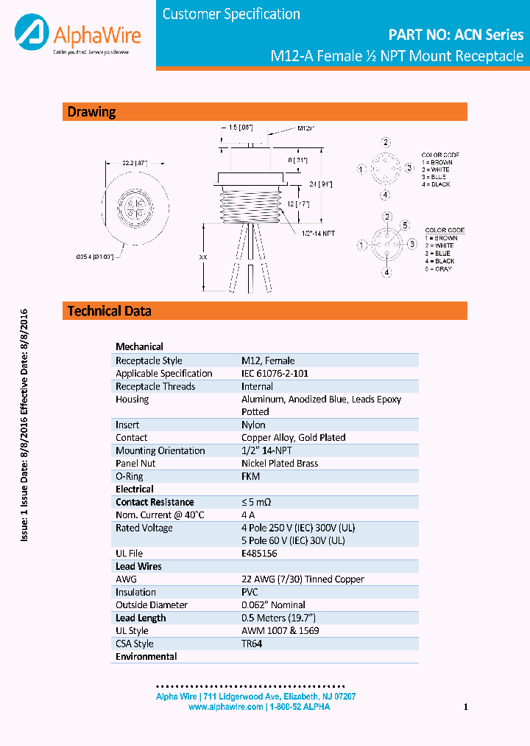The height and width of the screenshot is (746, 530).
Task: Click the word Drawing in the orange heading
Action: point(92,112)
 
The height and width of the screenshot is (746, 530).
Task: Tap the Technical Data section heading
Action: point(110,311)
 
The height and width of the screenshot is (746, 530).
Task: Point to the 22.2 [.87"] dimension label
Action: point(135,163)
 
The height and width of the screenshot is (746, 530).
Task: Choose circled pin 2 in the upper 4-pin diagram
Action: point(386,142)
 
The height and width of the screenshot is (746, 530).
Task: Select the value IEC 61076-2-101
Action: point(275,374)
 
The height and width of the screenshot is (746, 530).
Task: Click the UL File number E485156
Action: point(259,554)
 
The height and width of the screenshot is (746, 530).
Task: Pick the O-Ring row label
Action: point(130,476)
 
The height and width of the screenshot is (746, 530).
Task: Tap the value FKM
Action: point(250,476)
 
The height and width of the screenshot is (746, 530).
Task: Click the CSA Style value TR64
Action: point(252,644)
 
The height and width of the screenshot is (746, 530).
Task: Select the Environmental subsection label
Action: point(146,656)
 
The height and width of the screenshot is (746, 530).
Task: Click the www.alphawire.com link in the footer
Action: point(226,707)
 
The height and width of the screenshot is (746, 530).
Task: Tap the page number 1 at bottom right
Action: point(466,708)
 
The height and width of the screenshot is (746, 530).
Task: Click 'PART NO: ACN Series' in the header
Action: point(456,35)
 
